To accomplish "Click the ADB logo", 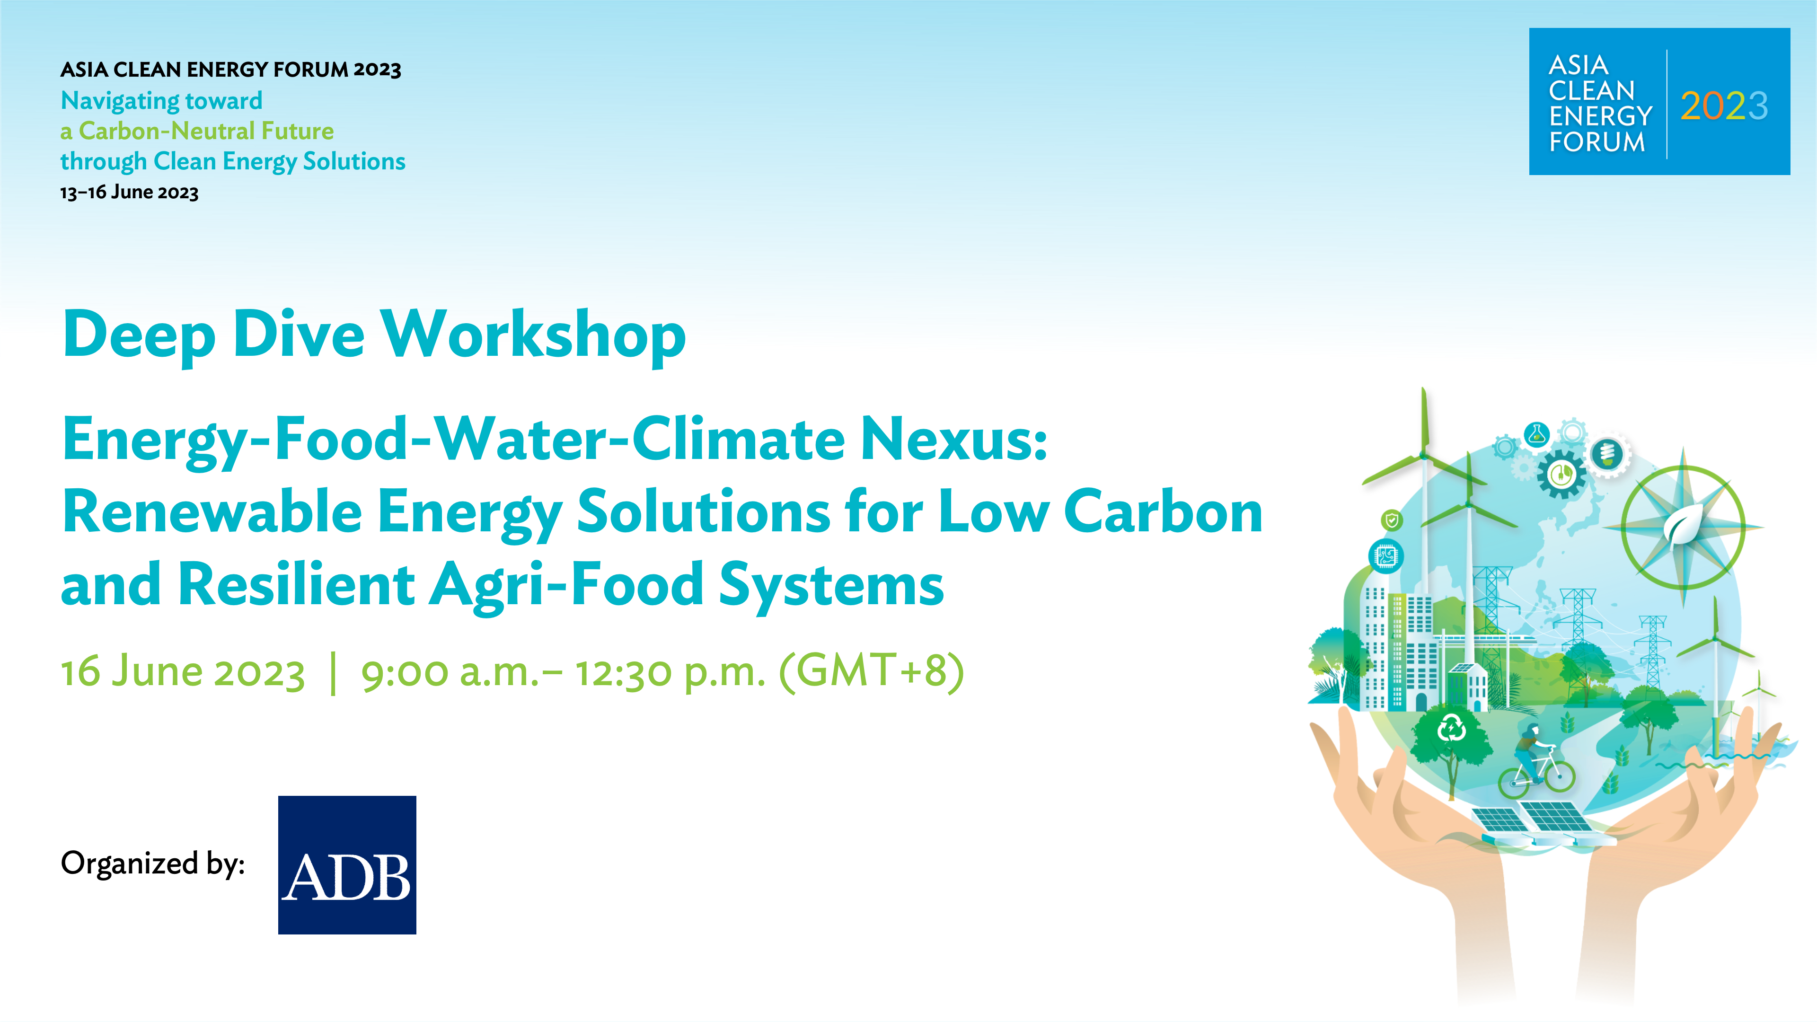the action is [x=347, y=865].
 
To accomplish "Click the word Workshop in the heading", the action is [x=533, y=336].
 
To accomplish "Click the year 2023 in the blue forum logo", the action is [x=1724, y=106].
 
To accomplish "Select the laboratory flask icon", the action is [x=1536, y=434].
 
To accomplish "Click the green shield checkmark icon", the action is [x=1392, y=520].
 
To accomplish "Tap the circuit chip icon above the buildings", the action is [x=1386, y=556].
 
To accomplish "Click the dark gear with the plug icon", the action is [x=1561, y=473].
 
